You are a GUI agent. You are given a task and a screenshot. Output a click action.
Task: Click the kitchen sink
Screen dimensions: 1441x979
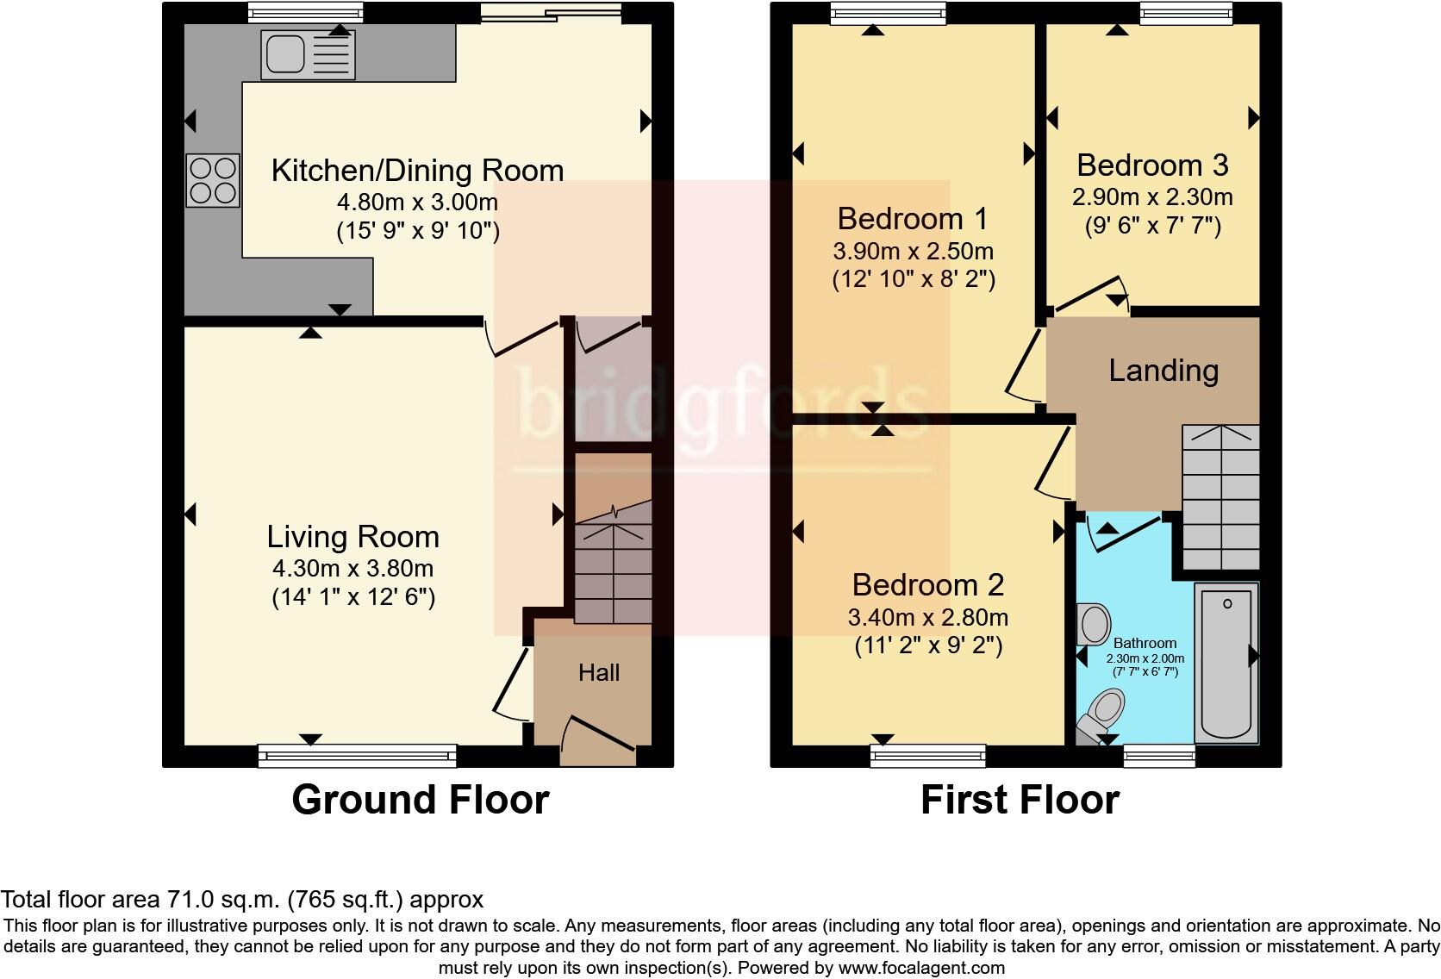point(309,55)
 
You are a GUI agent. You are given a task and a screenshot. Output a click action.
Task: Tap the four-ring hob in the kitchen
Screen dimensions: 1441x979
point(213,181)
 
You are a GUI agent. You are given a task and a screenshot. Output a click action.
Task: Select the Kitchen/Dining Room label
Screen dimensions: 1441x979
point(417,171)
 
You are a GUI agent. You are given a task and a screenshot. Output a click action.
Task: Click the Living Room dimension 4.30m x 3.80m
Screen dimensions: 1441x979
point(353,569)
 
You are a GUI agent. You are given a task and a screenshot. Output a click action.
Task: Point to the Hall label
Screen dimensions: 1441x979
point(599,673)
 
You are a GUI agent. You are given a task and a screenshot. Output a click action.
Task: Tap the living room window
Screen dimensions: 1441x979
point(358,756)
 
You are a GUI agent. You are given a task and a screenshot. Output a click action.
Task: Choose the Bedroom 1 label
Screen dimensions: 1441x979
point(912,219)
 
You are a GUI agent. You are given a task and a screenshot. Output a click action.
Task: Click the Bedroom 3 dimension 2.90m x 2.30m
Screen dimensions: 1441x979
point(1153,196)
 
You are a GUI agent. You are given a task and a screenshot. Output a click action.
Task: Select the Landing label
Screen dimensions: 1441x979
point(1163,371)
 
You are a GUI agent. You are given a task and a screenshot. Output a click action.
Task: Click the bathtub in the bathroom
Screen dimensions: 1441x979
point(1226,664)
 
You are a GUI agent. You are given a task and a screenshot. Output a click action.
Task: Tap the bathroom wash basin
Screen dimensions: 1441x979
point(1094,623)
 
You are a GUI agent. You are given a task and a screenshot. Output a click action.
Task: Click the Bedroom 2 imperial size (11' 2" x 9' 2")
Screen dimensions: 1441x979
point(928,645)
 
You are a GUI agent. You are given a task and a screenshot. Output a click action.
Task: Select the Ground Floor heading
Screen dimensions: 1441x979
point(421,801)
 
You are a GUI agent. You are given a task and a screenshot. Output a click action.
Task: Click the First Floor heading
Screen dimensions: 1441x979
point(1020,801)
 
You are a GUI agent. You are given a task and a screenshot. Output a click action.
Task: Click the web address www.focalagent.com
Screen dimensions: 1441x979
point(922,968)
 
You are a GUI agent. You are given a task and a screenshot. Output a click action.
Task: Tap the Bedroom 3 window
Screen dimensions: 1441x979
point(1186,13)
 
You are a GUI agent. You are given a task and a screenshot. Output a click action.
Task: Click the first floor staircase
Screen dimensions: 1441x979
point(1220,496)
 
